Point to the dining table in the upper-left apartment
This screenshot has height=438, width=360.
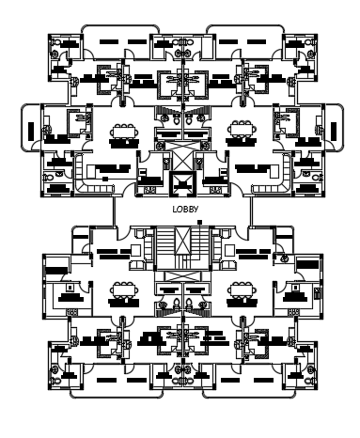tap(121, 133)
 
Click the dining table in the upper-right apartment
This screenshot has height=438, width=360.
tap(239, 133)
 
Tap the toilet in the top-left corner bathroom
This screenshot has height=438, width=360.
tap(56, 54)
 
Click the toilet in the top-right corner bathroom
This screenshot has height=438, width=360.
tap(304, 54)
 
